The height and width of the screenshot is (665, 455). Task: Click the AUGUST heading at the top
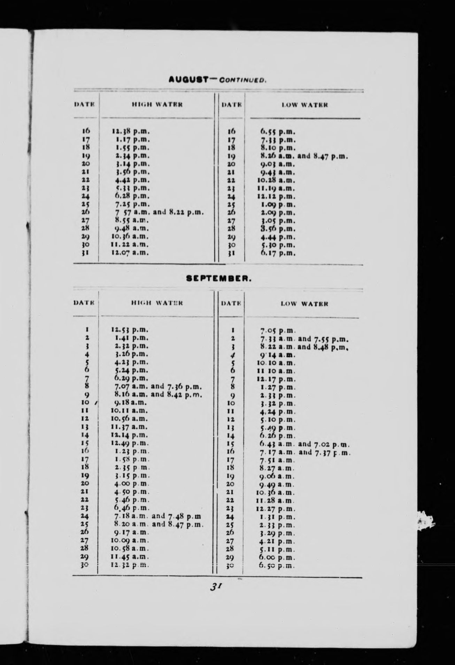click(x=188, y=79)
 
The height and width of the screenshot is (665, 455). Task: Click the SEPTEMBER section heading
click(x=218, y=279)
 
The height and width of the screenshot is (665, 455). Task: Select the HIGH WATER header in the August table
click(x=157, y=104)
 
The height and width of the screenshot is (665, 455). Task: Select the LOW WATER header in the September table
click(x=304, y=304)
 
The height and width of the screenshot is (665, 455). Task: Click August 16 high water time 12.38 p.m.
click(x=131, y=132)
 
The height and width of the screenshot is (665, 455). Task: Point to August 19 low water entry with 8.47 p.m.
click(x=302, y=156)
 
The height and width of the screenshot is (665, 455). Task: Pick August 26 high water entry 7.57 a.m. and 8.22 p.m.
click(x=157, y=212)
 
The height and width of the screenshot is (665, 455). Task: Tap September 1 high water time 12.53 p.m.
click(x=130, y=329)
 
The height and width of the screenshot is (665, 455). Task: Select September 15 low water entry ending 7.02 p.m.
click(x=304, y=444)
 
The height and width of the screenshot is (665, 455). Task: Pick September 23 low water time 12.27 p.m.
click(x=275, y=509)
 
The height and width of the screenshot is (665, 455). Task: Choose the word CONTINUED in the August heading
click(x=243, y=80)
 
